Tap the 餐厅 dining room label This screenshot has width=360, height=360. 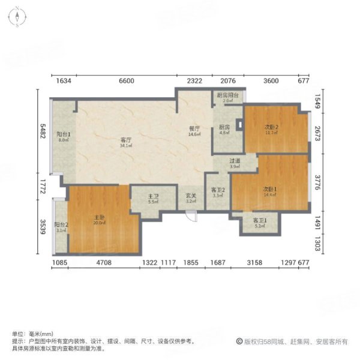194,130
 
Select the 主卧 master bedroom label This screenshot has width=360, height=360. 100,219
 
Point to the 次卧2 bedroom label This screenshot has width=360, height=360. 271,128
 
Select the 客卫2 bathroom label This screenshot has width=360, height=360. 217,192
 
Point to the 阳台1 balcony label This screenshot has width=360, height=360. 64,137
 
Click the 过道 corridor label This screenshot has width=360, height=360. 235,163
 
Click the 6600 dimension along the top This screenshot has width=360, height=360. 126,81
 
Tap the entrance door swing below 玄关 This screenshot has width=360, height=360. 190,216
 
